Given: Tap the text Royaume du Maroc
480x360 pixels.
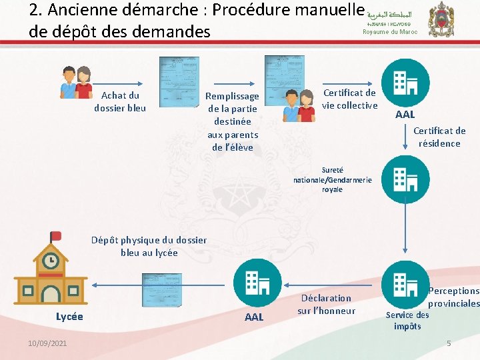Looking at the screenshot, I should pyautogui.click(x=390, y=32).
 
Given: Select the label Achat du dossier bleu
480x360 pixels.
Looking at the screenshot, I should pyautogui.click(x=120, y=101).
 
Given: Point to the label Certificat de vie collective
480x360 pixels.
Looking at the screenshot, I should pyautogui.click(x=350, y=99).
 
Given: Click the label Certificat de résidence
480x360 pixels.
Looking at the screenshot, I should pyautogui.click(x=439, y=137).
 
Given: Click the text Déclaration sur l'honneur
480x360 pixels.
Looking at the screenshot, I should pyautogui.click(x=326, y=304).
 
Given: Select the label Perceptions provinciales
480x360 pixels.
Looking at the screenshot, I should pyautogui.click(x=454, y=297).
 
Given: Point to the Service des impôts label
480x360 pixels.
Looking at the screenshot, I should pyautogui.click(x=407, y=320).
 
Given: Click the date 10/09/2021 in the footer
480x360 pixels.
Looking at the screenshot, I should pyautogui.click(x=47, y=343).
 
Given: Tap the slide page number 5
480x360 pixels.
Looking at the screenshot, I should pyautogui.click(x=449, y=343).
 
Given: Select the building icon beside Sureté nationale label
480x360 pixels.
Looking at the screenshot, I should pyautogui.click(x=405, y=179).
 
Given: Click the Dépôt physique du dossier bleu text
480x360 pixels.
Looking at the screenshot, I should pyautogui.click(x=149, y=246).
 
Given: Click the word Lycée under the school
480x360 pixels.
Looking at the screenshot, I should pyautogui.click(x=69, y=317).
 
